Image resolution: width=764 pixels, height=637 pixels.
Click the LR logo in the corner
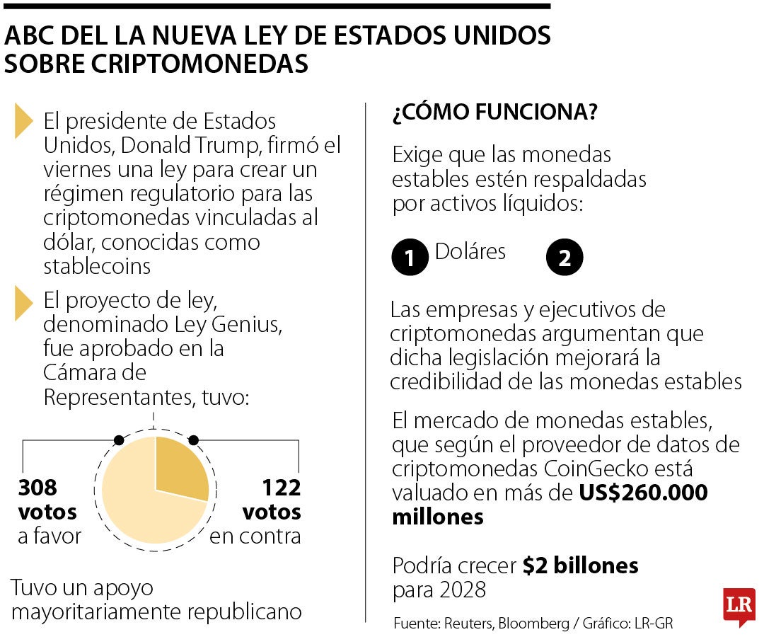tap(739, 606)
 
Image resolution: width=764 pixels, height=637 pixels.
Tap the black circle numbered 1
tap(410, 258)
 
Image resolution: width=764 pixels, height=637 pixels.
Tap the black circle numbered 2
tap(565, 258)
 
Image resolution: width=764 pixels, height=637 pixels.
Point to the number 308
tap(37, 488)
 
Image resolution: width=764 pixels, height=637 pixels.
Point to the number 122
tap(282, 488)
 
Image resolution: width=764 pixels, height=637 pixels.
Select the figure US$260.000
tap(643, 493)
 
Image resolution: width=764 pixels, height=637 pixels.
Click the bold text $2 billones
tap(581, 566)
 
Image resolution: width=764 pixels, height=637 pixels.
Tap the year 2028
tap(462, 589)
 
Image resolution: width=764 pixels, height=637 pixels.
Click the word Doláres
tap(470, 251)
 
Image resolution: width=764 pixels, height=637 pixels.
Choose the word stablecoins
tap(97, 267)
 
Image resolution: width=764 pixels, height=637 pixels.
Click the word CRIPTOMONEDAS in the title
tap(156, 64)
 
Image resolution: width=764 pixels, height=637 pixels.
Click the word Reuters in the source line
tap(468, 624)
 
